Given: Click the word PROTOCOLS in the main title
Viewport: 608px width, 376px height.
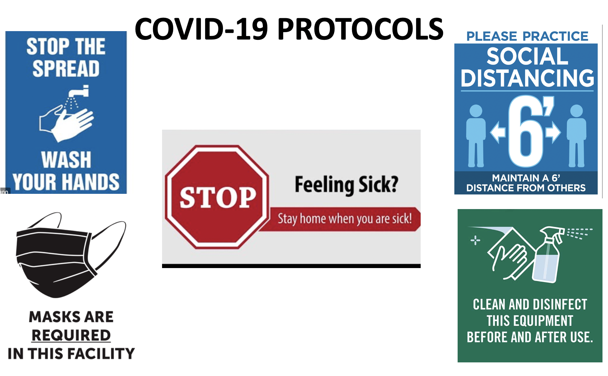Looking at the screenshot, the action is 360,29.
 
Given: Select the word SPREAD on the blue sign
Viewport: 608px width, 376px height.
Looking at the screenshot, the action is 66,68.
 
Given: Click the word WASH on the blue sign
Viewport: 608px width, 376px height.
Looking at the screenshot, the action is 66,160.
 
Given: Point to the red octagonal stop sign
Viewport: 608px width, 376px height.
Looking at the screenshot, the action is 217,197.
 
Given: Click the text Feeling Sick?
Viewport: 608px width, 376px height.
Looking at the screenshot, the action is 346,185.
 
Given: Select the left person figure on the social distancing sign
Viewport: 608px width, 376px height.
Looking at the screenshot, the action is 476,136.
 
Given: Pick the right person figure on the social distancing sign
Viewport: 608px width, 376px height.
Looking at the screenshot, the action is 576,136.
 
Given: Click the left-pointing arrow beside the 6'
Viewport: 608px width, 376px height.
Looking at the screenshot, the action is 498,132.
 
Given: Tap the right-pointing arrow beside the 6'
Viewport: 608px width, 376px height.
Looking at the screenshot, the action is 553,132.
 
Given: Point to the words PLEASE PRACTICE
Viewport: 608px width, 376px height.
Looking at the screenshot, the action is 527,36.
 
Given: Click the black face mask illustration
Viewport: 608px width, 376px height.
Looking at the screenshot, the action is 71,255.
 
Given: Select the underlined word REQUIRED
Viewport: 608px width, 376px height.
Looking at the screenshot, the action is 71,335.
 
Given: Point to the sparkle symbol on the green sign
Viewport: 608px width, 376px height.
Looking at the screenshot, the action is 475,240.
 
